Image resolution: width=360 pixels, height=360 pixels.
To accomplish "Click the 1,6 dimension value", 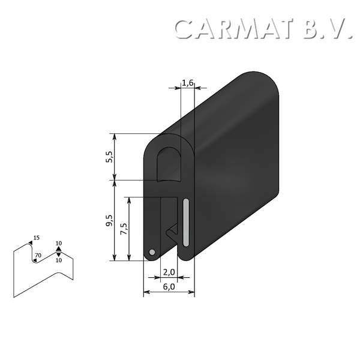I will pos(187,83).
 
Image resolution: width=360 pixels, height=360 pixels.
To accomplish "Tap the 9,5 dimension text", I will pos(109,221).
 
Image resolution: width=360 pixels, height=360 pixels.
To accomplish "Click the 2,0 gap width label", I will pos(169,272).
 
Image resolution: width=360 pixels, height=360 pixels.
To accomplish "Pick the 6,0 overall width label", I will pos(169,287).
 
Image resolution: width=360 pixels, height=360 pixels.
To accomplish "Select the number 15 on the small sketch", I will pos(37,238).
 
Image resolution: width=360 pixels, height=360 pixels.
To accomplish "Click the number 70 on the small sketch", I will pos(38,256).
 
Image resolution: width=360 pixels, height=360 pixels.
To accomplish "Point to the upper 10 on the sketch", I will pos(58,243).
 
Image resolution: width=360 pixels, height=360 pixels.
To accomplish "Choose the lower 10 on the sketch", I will pos(58,260).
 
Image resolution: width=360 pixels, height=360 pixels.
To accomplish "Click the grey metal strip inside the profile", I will pos(187,221).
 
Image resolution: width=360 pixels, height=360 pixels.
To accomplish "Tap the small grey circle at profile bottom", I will pos(152,252).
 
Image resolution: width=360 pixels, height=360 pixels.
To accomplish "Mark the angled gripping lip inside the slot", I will pos(172,230).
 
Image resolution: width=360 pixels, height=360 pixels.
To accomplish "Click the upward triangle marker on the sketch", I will pos(58,249).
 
